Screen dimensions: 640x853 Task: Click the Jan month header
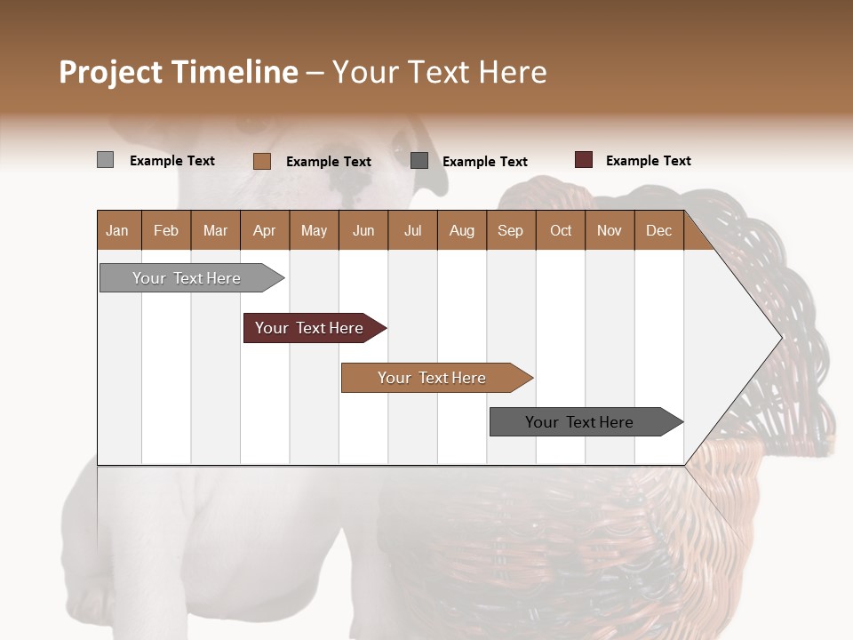118,231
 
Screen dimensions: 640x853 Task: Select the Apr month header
265,231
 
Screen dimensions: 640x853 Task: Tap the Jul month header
412,231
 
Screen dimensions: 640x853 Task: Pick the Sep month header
510,231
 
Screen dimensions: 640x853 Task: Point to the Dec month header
658,231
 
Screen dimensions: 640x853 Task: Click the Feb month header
166,231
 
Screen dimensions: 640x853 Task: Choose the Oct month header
561,231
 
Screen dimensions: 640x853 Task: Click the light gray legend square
105,160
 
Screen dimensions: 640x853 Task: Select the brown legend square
261,161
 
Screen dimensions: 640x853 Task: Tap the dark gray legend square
419,161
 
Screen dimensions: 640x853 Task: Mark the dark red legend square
583,160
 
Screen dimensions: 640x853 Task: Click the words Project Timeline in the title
178,72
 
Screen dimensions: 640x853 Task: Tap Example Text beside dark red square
648,161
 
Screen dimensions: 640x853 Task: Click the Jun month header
363,231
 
